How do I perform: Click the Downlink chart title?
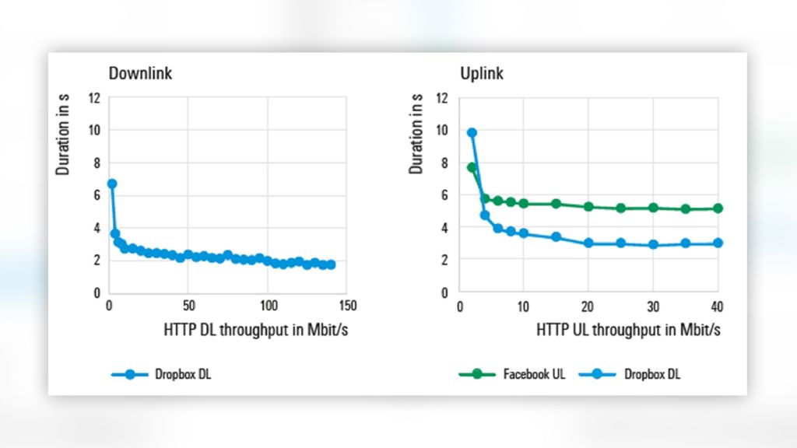click(x=140, y=74)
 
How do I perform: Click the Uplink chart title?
click(x=481, y=74)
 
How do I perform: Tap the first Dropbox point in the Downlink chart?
click(x=111, y=184)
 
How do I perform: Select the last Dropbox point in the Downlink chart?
click(x=331, y=264)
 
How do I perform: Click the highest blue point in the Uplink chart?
click(x=472, y=133)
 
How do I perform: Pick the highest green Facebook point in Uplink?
click(x=472, y=167)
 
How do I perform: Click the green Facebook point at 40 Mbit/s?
click(x=718, y=208)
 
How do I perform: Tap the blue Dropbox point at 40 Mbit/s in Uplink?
click(x=718, y=243)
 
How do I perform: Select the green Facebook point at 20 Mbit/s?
click(x=588, y=207)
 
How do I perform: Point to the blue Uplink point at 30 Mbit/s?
click(x=653, y=244)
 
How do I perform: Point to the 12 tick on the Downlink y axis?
click(x=95, y=98)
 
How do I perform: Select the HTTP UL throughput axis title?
click(x=628, y=330)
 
